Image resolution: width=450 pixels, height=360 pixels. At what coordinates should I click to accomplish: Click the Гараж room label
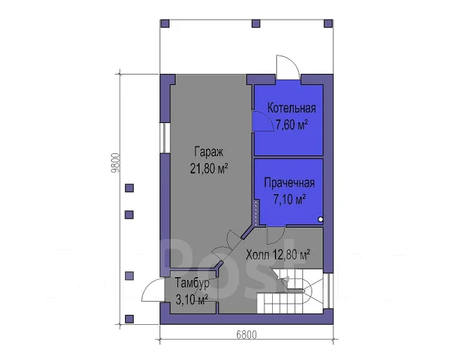coord(209,152)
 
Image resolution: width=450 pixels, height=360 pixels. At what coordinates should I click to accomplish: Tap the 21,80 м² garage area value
coord(209,169)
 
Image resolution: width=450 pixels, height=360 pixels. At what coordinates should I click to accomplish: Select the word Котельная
coord(292,108)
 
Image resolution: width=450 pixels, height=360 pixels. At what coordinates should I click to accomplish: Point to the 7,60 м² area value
coord(292,125)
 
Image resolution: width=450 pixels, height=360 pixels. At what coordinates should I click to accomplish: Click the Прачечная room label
coord(289,183)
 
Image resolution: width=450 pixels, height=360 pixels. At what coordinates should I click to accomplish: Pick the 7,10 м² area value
coord(289,199)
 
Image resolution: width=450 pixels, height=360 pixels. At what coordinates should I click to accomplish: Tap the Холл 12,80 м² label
coord(278,255)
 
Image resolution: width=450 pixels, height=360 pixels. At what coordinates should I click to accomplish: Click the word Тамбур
coord(192,283)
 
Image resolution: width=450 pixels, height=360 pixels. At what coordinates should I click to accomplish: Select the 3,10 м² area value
coord(192,300)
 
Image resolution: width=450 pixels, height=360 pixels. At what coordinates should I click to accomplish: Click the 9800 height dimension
coord(115,162)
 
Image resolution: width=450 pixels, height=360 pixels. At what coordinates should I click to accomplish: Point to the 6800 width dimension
coord(247,335)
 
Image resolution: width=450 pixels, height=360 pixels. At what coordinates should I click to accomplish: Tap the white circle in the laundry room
coord(321,219)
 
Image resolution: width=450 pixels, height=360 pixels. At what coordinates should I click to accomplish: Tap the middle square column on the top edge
coord(256,23)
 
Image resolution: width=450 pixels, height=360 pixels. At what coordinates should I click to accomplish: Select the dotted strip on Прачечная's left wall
coord(256,212)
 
